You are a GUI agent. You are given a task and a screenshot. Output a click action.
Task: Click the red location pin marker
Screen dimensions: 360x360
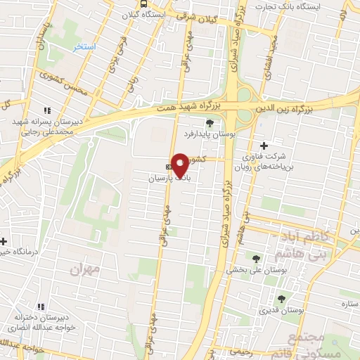click(x=180, y=165)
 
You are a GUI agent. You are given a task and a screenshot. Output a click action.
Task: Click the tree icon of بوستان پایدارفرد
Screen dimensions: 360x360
click(x=210, y=122)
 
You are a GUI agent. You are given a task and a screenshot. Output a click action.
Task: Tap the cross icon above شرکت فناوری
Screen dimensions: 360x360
click(x=264, y=145)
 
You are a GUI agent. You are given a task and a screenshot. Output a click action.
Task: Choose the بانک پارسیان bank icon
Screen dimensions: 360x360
click(x=167, y=167)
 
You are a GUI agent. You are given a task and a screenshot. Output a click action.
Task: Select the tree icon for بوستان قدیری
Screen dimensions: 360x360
click(x=281, y=299)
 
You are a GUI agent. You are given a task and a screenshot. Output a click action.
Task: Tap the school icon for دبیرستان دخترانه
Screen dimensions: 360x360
click(x=40, y=306)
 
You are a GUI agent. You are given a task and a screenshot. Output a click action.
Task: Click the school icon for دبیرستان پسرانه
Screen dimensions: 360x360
click(x=47, y=110)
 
